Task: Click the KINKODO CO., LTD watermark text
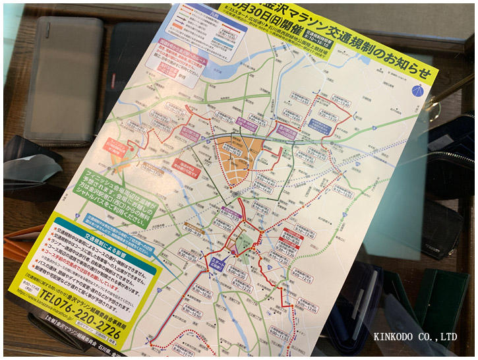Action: coord(415,336)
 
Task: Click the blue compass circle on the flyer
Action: coord(416,90)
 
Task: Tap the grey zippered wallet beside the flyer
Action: coord(63,79)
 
